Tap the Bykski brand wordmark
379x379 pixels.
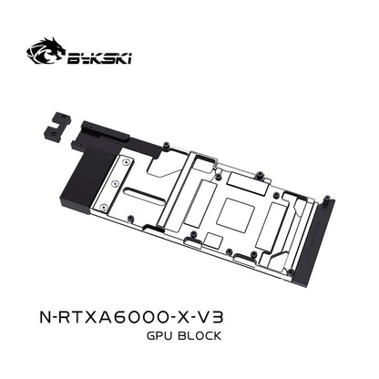pos(99,58)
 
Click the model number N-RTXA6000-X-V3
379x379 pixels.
pos(131,317)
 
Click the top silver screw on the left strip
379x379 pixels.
pos(126,163)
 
